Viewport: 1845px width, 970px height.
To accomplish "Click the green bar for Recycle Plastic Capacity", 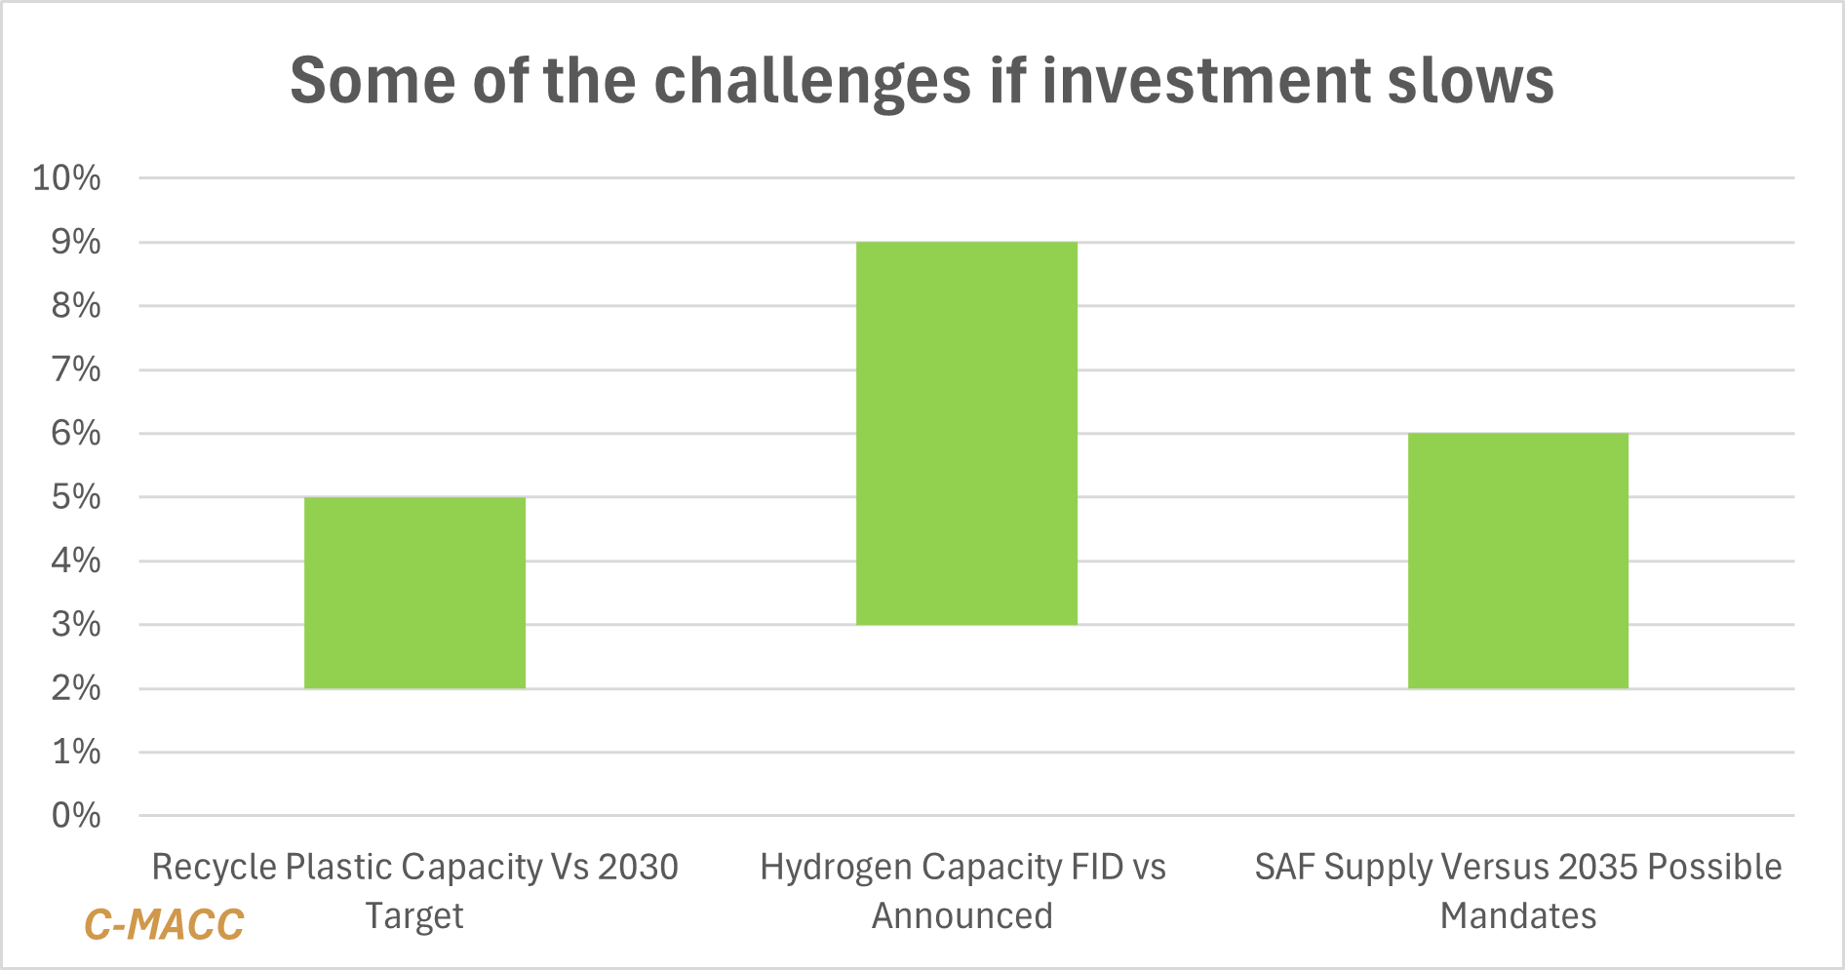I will (x=414, y=593).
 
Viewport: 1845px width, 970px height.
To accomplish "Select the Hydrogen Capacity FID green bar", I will (x=966, y=433).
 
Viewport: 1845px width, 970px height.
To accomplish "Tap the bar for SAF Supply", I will (x=1517, y=561).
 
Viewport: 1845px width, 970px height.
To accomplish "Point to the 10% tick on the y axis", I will (x=67, y=178).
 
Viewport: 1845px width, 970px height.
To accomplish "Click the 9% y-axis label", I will (x=76, y=242).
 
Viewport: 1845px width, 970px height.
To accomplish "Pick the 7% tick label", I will (x=76, y=369).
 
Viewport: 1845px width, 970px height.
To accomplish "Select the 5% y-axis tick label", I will (x=76, y=497).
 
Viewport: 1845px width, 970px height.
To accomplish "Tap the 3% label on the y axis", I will (x=76, y=625).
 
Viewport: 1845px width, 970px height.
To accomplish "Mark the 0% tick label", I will (x=76, y=816).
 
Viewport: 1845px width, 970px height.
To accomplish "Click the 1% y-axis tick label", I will (x=76, y=752).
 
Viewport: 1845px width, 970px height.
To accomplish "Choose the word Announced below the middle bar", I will (x=962, y=916).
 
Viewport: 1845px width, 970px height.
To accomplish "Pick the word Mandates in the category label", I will (x=1518, y=916).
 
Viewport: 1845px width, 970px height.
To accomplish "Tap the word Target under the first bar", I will (x=414, y=916).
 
